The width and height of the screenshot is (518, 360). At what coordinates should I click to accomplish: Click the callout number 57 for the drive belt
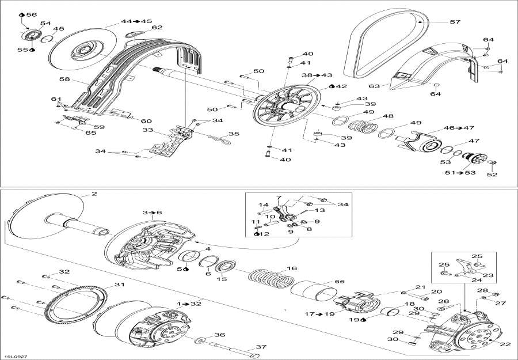point(455,22)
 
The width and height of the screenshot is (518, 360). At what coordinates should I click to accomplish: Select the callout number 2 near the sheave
point(94,194)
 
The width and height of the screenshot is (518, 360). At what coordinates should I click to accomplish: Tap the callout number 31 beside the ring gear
point(119,285)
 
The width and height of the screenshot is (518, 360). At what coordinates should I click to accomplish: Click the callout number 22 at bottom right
point(505,344)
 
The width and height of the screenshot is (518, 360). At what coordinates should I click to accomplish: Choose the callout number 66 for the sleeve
point(340,281)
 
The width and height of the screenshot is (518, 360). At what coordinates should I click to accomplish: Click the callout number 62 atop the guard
point(157,28)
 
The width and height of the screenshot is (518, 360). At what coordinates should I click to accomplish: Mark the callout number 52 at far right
point(493,175)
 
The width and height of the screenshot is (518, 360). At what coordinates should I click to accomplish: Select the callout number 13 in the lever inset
point(303,211)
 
